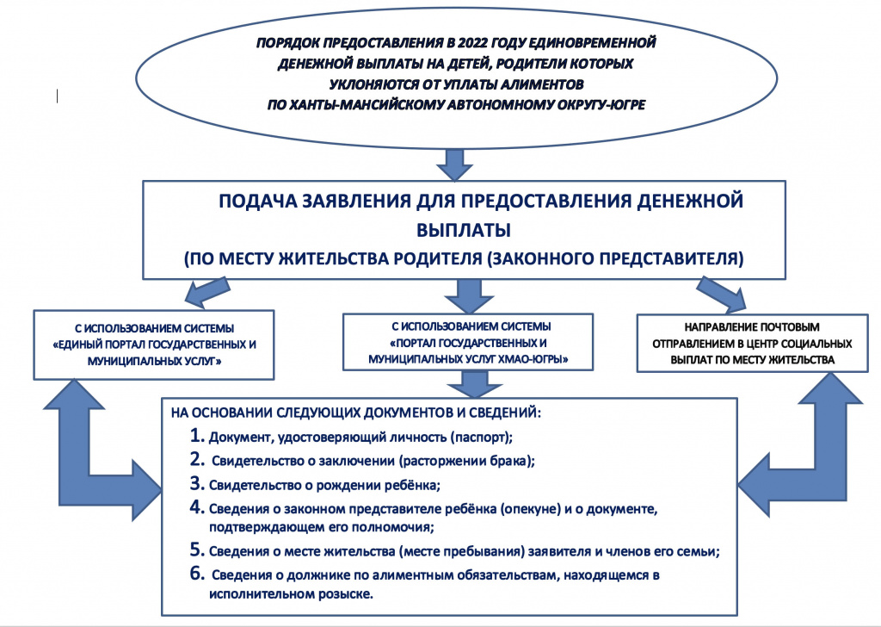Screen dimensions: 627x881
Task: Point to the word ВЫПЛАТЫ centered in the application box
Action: (463, 230)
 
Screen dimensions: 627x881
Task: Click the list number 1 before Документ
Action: (195, 434)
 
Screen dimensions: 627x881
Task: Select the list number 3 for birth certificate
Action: (195, 483)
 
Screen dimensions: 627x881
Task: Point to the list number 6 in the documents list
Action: (196, 574)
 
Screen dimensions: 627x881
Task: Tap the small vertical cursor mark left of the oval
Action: (57, 96)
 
